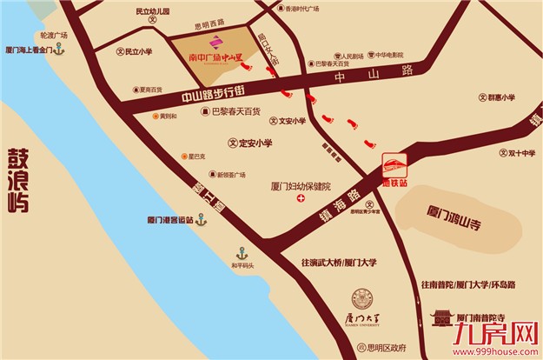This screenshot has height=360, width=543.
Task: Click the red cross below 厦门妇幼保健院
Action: (301, 199)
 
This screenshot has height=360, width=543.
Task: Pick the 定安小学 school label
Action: (255, 143)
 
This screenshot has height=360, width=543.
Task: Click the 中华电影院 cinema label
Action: (385, 55)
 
